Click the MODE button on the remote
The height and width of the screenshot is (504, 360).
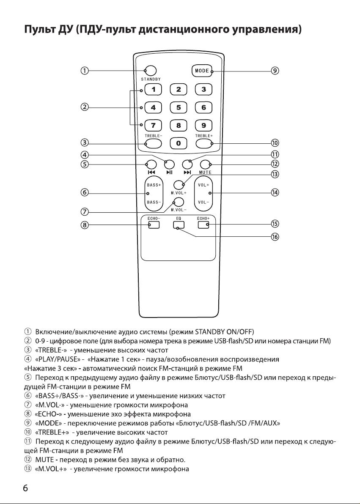[x=202, y=71]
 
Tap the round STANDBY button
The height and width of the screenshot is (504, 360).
[x=151, y=71]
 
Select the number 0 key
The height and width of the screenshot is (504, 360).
[x=178, y=143]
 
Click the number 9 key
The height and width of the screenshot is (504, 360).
[x=203, y=125]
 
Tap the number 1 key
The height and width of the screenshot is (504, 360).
[x=153, y=89]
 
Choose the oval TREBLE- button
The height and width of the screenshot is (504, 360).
[x=153, y=143]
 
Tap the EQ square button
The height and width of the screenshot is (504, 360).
[x=178, y=225]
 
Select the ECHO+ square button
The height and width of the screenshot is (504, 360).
[x=203, y=225]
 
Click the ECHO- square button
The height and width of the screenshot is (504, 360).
[x=154, y=225]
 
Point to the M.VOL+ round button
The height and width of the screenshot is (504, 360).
[x=179, y=185]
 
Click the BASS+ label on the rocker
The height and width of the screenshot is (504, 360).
[x=154, y=185]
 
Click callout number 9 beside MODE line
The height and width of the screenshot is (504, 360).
[x=275, y=71]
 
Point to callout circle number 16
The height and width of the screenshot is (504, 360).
[x=275, y=237]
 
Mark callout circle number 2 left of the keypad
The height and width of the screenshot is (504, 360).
[x=85, y=107]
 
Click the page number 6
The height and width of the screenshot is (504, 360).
[x=25, y=488]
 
